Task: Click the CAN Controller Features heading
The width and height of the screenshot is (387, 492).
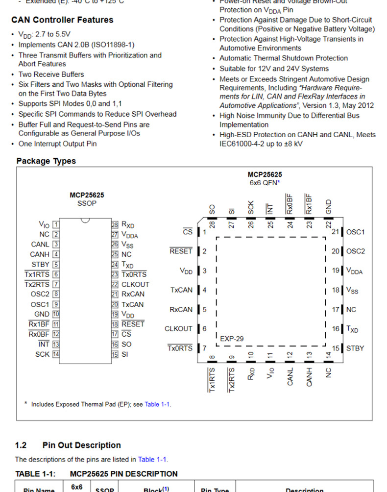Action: [62, 20]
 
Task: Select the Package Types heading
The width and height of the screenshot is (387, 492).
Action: [46, 161]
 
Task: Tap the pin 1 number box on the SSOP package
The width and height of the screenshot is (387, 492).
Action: [56, 224]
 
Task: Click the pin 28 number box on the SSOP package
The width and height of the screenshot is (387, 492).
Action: [115, 224]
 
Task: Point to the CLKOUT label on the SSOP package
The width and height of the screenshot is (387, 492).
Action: [135, 284]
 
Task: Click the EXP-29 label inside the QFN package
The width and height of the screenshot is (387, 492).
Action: [232, 338]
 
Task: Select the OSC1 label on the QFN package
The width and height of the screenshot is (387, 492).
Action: [355, 232]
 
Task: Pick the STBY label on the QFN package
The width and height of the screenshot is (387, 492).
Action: [355, 348]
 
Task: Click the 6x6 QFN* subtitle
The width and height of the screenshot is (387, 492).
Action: [265, 183]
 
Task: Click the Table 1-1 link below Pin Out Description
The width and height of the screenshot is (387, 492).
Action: [152, 459]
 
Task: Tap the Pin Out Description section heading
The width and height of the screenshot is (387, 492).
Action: [81, 445]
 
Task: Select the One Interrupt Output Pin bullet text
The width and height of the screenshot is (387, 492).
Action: [57, 144]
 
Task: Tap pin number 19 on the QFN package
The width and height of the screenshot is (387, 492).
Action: [336, 271]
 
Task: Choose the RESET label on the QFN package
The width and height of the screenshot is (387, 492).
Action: [181, 251]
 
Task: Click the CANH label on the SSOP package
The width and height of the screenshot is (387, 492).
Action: [40, 254]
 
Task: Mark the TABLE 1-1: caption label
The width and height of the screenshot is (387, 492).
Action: [35, 474]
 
